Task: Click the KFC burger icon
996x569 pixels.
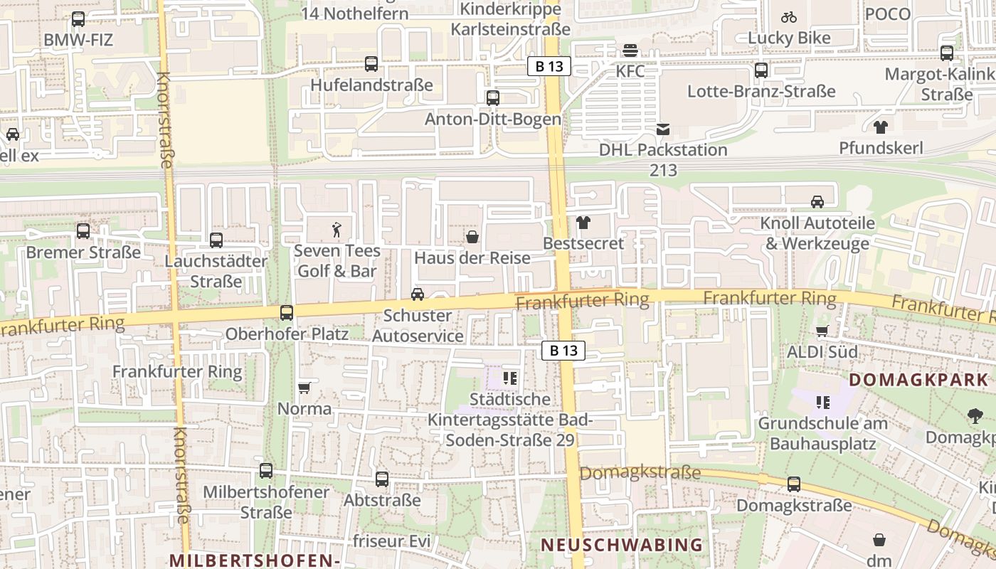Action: click(x=630, y=50)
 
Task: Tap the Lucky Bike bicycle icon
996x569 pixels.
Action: click(x=788, y=17)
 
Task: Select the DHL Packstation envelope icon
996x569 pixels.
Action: click(x=663, y=129)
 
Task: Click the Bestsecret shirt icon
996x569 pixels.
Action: click(x=583, y=223)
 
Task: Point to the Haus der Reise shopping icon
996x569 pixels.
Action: click(x=472, y=237)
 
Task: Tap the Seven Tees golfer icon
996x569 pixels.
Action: click(x=337, y=230)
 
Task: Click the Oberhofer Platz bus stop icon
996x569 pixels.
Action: click(x=287, y=312)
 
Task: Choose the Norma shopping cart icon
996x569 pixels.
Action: click(x=304, y=388)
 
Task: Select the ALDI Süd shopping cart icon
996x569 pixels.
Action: click(x=822, y=331)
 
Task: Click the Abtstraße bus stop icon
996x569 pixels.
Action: click(x=382, y=479)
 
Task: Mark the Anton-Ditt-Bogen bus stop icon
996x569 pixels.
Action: click(x=493, y=98)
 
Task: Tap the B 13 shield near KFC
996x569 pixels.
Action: click(x=549, y=67)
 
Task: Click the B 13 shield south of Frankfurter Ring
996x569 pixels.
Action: click(x=563, y=350)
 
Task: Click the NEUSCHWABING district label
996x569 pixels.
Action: click(x=622, y=545)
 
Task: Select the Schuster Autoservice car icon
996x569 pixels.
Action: click(x=418, y=294)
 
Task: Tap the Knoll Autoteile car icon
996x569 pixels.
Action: click(x=817, y=202)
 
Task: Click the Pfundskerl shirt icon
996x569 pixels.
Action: click(x=881, y=127)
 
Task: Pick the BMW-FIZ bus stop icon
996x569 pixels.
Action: click(x=78, y=19)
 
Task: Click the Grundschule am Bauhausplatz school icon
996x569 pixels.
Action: click(x=823, y=403)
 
